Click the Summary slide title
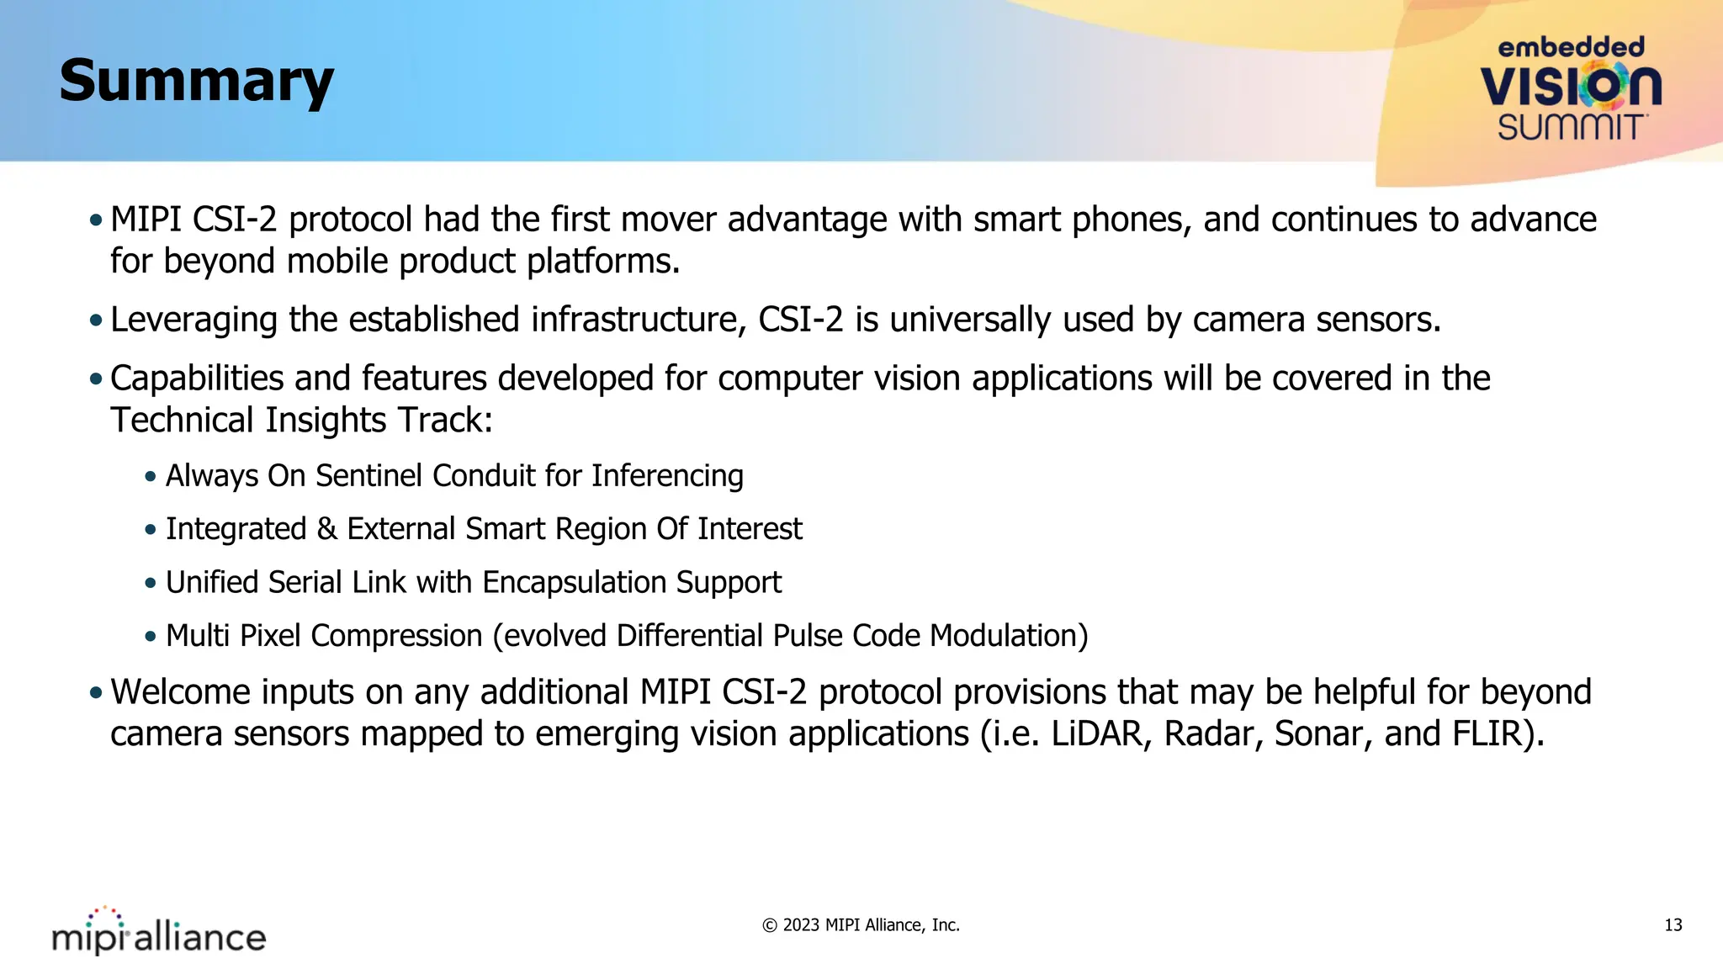(x=196, y=82)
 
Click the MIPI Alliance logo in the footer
(x=159, y=932)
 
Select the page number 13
(x=1673, y=925)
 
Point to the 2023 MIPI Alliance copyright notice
(x=861, y=925)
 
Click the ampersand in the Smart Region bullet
(x=326, y=529)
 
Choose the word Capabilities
(x=197, y=379)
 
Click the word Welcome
(x=180, y=692)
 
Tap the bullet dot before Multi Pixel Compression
(x=151, y=637)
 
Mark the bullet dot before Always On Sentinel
(x=151, y=477)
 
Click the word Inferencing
(x=667, y=477)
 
